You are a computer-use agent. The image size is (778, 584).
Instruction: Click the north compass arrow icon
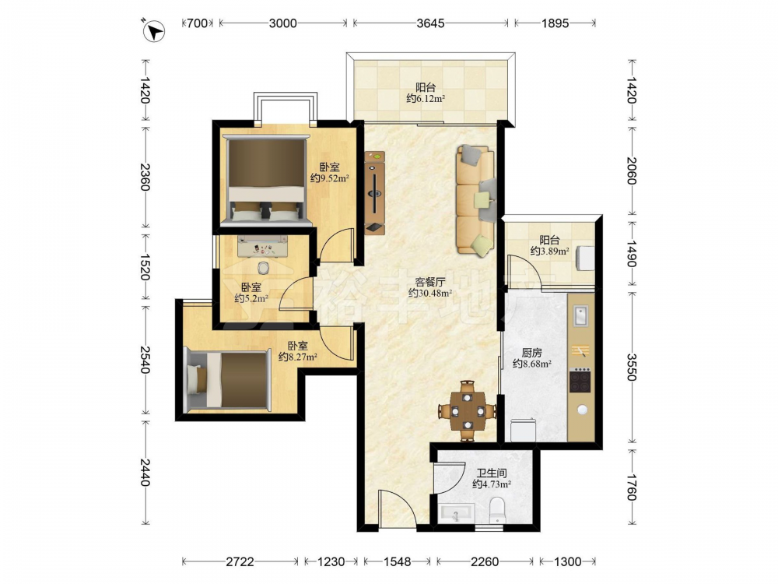click(154, 31)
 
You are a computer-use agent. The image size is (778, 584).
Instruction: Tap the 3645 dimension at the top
click(431, 23)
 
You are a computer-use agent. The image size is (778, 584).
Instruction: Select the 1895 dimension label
click(555, 23)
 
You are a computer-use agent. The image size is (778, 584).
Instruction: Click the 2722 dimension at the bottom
click(240, 561)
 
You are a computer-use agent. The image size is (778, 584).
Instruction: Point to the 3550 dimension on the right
click(631, 367)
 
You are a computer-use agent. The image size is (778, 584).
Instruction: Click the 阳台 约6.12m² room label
click(426, 93)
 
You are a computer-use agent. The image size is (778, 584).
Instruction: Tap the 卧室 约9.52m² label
click(329, 172)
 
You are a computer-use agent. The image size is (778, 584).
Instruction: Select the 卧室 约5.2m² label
click(251, 293)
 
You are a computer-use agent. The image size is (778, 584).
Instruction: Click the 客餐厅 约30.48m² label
click(429, 287)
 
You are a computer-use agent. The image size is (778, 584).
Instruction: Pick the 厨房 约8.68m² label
click(532, 358)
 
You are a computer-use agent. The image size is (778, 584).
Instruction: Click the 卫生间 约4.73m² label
click(492, 479)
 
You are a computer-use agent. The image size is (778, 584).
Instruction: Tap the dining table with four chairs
click(467, 410)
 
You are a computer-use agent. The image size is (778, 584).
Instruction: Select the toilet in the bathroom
click(496, 511)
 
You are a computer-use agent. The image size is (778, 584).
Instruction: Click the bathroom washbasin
click(457, 513)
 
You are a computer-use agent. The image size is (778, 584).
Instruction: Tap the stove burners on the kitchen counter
click(580, 380)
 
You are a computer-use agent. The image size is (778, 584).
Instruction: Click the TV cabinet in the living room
click(375, 192)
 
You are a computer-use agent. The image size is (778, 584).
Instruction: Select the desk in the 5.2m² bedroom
click(262, 246)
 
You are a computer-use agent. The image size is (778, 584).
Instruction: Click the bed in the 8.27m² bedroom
click(227, 381)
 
